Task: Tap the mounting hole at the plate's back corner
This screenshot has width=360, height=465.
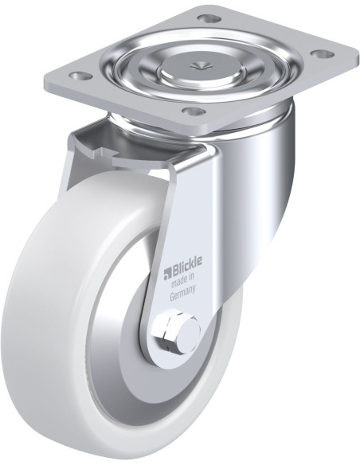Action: click(x=210, y=19)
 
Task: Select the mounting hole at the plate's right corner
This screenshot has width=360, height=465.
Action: click(x=322, y=55)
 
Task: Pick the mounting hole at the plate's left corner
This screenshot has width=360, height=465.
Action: click(x=80, y=76)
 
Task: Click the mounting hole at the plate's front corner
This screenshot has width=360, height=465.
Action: click(x=194, y=111)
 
